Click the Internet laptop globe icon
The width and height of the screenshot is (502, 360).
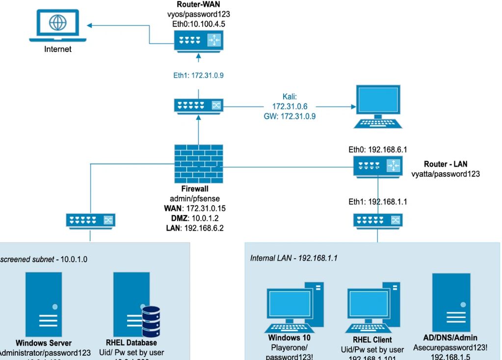(57, 23)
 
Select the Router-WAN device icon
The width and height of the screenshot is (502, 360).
(198, 40)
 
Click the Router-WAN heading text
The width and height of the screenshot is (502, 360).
(198, 5)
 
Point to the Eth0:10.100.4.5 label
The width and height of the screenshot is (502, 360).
(198, 23)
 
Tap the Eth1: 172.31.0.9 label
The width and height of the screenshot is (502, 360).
(198, 75)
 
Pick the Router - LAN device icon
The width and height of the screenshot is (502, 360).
(377, 166)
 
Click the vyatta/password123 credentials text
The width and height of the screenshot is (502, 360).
(446, 174)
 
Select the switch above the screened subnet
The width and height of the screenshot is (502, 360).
(90, 220)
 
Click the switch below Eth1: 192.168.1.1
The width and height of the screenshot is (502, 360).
(377, 220)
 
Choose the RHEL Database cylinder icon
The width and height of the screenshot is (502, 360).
(151, 321)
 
